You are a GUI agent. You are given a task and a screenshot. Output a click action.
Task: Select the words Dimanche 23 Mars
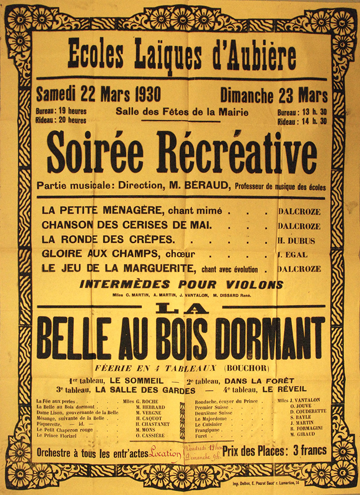pos(274,95)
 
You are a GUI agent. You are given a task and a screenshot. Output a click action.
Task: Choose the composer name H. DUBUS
pos(296,241)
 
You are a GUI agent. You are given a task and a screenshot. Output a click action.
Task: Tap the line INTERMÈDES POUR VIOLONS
pos(181,285)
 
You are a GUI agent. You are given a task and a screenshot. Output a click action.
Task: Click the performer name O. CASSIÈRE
pos(150,437)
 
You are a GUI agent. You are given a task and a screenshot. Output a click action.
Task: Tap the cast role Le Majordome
pos(210,418)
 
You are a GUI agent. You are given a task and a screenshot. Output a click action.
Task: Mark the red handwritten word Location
pos(165,452)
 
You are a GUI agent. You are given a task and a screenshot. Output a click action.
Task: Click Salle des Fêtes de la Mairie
pos(182,112)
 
